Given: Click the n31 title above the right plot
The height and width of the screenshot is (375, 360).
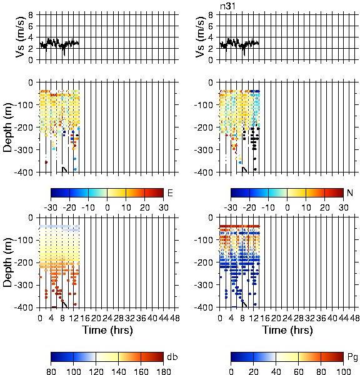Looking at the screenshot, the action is [227, 6].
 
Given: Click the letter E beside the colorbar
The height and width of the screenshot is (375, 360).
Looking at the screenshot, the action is [170, 192].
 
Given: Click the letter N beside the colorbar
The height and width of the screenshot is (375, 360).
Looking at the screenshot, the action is [350, 192].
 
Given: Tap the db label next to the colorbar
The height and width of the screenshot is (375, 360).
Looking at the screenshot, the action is [172, 357].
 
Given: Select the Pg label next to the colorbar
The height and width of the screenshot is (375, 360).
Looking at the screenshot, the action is [352, 357].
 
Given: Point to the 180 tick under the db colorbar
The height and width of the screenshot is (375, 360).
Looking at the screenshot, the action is [164, 371].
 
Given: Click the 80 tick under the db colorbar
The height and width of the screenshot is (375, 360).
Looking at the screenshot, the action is [51, 371].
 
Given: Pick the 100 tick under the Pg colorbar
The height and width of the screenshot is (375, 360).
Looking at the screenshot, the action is [344, 371].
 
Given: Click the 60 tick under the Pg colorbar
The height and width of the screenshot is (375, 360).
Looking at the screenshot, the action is [299, 371].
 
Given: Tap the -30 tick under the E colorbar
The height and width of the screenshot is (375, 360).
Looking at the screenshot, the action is [51, 207].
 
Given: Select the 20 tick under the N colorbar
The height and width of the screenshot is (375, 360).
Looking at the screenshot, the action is [324, 207].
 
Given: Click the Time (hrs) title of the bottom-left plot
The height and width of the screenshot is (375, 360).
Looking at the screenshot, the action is [107, 330].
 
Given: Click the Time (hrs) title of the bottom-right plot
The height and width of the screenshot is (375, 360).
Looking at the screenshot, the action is [287, 330].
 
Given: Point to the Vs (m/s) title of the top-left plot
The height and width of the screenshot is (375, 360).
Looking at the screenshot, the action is [21, 37].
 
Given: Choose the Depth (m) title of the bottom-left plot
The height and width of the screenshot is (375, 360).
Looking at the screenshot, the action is [7, 262].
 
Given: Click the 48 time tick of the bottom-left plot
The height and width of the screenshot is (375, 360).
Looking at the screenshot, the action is [175, 318].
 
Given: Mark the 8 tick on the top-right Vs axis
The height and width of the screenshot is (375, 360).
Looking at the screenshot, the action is [211, 15].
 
